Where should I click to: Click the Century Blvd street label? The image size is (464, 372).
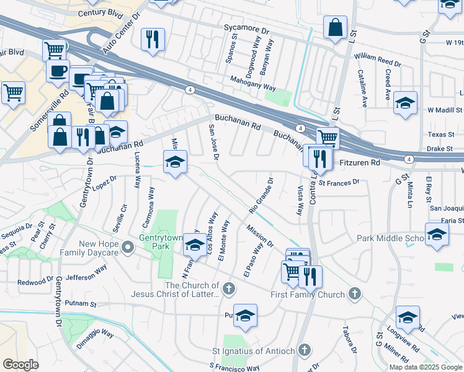click(99, 13)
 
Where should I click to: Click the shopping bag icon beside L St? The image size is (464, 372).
click(335, 28)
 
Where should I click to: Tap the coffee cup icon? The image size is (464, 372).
click(58, 70)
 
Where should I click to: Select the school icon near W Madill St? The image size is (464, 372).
click(406, 104)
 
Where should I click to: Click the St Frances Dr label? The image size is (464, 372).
click(339, 182)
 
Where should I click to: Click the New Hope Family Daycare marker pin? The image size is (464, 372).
click(128, 248)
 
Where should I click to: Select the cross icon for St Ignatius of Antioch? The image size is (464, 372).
click(303, 350)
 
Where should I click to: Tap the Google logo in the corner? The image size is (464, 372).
click(20, 365)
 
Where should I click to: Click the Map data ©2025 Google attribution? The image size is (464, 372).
click(425, 367)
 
